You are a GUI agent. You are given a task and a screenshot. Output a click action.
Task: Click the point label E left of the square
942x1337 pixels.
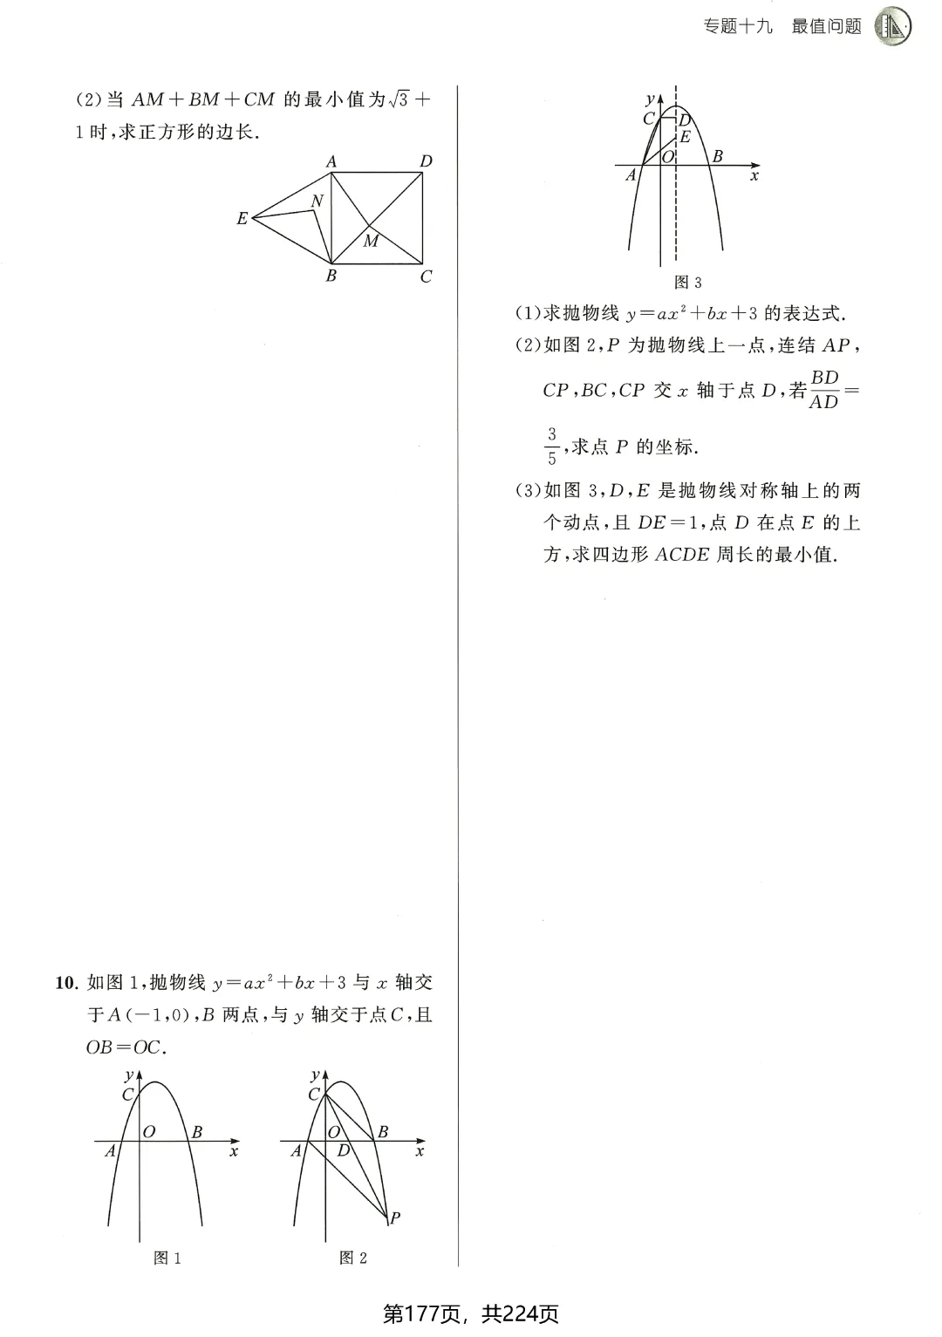(x=242, y=219)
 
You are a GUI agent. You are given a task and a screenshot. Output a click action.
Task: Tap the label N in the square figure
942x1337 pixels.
(x=317, y=201)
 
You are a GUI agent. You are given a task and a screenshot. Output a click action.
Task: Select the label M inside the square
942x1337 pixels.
(x=372, y=242)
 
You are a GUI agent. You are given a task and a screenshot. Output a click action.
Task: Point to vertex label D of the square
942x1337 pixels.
(x=426, y=161)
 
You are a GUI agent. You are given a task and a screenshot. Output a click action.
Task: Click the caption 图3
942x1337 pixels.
(x=688, y=283)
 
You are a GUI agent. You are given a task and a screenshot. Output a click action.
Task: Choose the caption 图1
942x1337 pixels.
(x=167, y=1258)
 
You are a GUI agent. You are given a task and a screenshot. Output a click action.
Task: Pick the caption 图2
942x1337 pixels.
(x=353, y=1258)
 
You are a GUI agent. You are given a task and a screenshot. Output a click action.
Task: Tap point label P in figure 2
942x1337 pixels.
(x=395, y=1218)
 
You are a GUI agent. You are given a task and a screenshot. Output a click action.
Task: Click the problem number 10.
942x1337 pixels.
(x=66, y=983)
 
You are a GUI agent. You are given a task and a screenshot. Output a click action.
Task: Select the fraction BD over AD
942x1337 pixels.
(x=824, y=390)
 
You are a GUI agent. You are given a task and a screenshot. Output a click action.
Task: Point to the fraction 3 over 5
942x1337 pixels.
(x=551, y=446)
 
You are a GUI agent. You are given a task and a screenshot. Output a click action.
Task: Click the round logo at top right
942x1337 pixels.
(x=892, y=26)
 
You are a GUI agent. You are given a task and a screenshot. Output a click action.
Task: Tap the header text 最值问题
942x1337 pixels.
(x=826, y=27)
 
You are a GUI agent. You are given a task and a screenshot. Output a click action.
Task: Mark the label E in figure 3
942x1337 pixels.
(x=685, y=137)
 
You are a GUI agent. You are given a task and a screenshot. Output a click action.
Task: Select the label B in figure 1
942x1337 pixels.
(x=197, y=1132)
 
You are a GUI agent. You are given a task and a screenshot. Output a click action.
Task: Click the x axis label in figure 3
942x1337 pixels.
(x=754, y=175)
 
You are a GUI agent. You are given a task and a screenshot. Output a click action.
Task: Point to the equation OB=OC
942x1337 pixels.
(x=124, y=1047)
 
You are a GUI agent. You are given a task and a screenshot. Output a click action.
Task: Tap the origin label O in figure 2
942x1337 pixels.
(x=334, y=1132)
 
